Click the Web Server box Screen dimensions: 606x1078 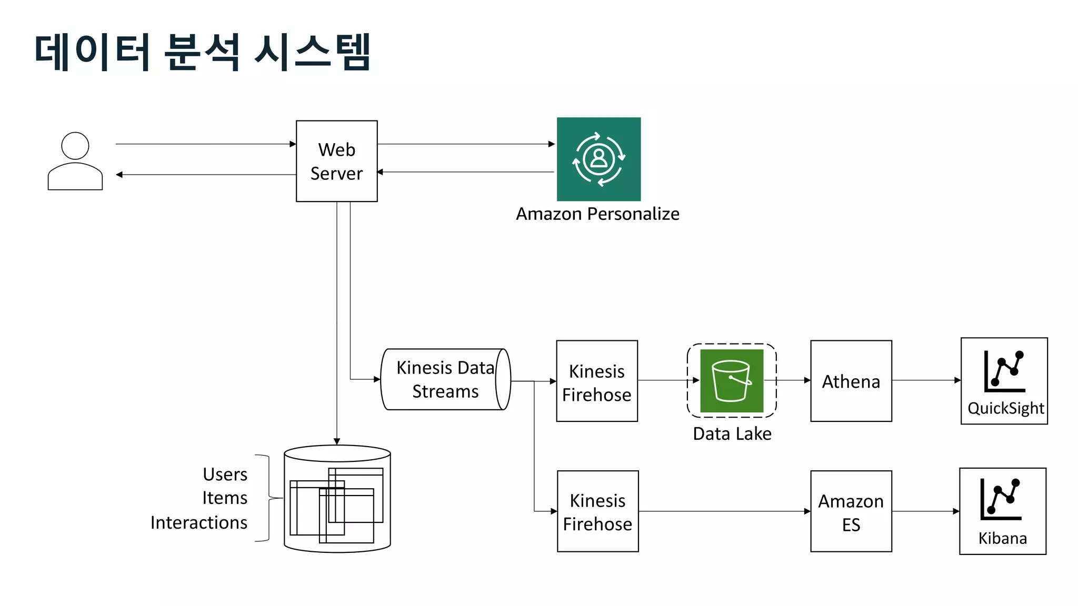(336, 161)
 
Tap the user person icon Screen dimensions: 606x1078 (75, 161)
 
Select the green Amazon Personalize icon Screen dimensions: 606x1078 (598, 159)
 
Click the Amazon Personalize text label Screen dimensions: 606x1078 (597, 214)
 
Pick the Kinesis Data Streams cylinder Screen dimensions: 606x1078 (445, 379)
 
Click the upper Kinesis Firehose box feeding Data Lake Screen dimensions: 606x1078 (597, 381)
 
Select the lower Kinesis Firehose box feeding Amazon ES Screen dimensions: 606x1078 (597, 511)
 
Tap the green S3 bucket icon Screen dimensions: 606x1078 (731, 381)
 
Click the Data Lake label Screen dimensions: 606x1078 (732, 434)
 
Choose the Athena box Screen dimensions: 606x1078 (851, 381)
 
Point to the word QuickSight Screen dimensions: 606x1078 (1005, 408)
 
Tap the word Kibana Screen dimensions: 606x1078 (1002, 538)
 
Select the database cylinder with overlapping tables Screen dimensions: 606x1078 (337, 499)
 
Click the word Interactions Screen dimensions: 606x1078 (199, 523)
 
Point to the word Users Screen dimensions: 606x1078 (225, 474)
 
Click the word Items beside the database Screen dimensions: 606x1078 (225, 498)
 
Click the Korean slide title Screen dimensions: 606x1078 (203, 52)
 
